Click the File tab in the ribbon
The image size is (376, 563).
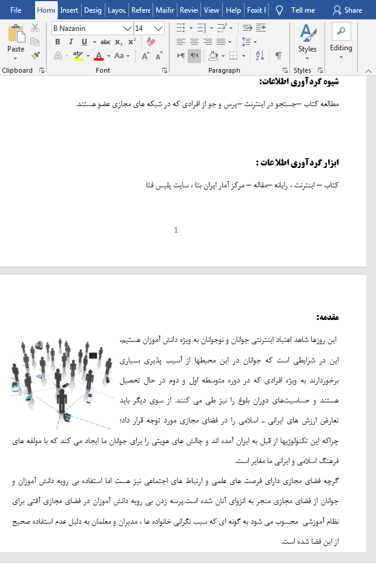pos(16,10)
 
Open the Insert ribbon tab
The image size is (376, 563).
pos(69,10)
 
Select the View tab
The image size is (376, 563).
pos(211,10)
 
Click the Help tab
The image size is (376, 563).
pos(233,10)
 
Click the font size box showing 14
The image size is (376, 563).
pos(143,28)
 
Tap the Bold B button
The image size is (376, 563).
pos(58,42)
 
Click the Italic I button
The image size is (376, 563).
pos(71,42)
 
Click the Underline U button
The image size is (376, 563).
pos(84,42)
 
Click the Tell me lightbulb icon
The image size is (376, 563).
pos(279,10)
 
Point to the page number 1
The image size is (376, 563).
pos(176,230)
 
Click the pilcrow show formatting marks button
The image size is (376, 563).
pos(279,56)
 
